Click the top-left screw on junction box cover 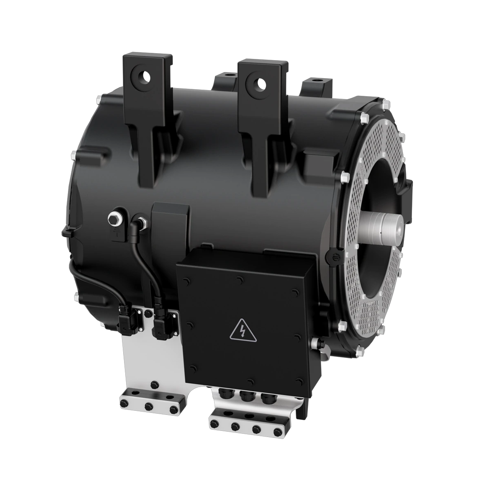tap(187, 281)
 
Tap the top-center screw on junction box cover tap(240, 281)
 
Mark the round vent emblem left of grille tap(331, 256)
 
